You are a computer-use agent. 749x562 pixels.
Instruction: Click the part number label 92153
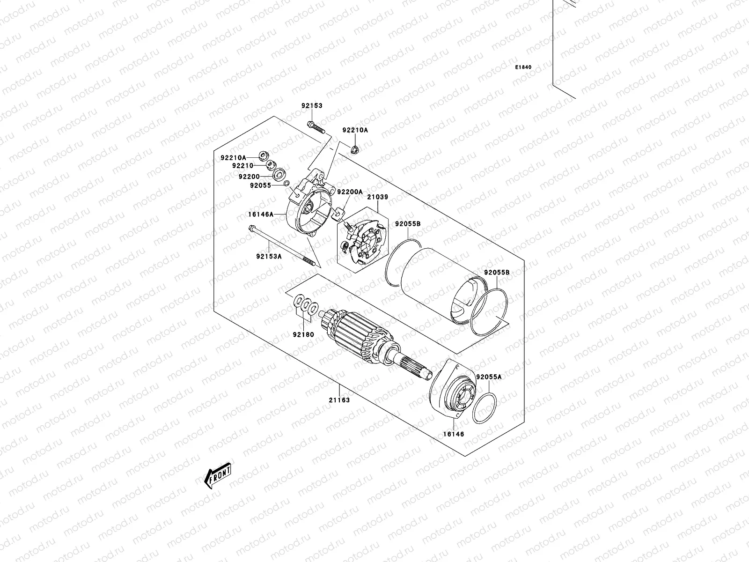312,106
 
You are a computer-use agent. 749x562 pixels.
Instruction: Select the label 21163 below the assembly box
339,400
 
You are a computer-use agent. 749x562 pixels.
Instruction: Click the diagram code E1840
523,67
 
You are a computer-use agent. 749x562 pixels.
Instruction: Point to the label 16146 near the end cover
453,434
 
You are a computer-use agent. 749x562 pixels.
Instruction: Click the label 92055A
489,377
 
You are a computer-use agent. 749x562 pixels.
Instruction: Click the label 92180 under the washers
303,334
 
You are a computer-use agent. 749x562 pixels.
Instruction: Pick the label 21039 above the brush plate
377,197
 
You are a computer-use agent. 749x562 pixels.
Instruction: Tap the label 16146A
260,214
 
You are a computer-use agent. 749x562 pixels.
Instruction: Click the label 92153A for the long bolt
269,256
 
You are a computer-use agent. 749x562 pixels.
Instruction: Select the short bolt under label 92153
316,126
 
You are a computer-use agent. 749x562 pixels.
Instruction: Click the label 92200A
350,192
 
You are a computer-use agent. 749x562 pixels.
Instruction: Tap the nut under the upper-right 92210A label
355,149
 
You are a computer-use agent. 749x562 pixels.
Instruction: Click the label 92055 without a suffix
261,185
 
